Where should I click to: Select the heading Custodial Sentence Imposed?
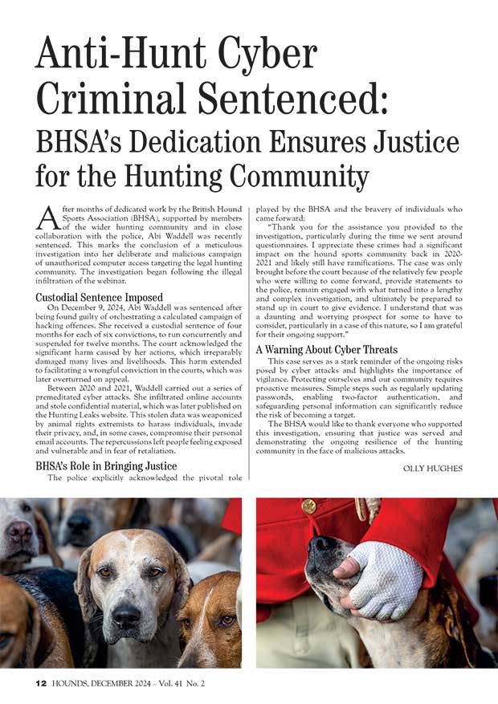coord(99,297)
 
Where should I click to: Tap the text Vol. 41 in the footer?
coord(194,684)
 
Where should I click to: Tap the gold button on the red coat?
coord(309,507)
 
